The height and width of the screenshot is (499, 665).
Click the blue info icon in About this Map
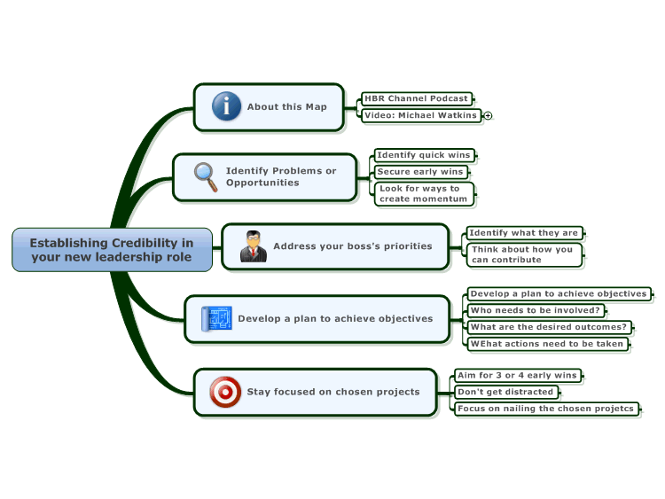[226, 106]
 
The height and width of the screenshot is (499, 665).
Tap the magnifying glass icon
[206, 176]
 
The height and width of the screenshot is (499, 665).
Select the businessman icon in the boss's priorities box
[254, 246]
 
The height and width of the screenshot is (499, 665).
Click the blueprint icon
[216, 318]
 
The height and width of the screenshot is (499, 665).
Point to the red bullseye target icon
[225, 392]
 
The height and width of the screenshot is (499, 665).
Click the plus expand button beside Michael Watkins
[489, 115]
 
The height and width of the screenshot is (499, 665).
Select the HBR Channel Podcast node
[417, 98]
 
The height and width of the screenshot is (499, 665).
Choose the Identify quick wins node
[424, 155]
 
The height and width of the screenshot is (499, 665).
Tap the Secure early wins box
[420, 172]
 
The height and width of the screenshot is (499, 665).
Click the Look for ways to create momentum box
[424, 194]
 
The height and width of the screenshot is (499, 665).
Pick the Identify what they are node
[524, 233]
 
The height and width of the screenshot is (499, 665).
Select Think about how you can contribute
[524, 254]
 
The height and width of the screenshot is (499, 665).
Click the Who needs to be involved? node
[536, 310]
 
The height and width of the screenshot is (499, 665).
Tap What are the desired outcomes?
[549, 327]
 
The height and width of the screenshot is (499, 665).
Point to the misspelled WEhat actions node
[548, 344]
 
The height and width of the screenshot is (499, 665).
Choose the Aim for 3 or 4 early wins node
[518, 375]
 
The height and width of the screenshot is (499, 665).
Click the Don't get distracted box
[506, 392]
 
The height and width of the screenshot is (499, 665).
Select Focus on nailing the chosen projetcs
[546, 409]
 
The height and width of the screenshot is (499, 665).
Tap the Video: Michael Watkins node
[421, 115]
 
